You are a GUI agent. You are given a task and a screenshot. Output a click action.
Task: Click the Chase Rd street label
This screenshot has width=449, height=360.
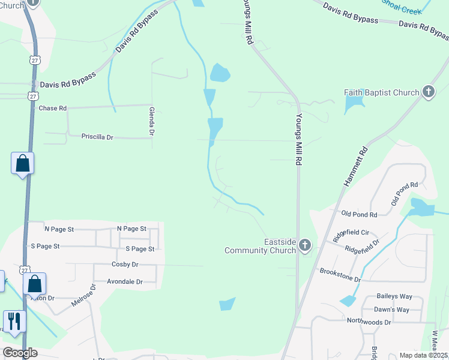[52, 109]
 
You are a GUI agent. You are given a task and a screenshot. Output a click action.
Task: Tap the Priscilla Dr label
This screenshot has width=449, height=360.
[97, 137]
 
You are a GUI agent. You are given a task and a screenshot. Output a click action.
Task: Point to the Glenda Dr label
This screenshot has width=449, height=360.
[152, 120]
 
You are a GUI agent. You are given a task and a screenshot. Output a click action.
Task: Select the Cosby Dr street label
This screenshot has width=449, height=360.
[125, 264]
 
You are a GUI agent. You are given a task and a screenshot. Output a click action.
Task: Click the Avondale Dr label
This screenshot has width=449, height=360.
[125, 281]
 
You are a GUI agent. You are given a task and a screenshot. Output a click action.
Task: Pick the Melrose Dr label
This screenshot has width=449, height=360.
[84, 296]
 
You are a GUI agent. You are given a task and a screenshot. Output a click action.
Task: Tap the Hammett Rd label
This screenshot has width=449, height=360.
[355, 167]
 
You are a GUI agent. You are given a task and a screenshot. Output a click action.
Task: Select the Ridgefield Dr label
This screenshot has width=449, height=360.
[363, 245]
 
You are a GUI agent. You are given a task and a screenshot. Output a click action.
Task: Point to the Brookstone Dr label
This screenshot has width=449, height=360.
[340, 275]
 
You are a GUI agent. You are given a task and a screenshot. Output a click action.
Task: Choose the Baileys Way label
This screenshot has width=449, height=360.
[394, 296]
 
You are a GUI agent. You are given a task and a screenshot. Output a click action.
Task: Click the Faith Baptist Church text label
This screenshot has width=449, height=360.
[381, 92]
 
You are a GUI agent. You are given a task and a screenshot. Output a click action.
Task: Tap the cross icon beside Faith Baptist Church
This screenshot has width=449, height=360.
[428, 92]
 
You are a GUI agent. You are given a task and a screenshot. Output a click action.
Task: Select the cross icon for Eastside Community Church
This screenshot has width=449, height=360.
[305, 245]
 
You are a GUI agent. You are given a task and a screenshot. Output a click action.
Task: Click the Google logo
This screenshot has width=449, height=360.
[20, 353]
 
